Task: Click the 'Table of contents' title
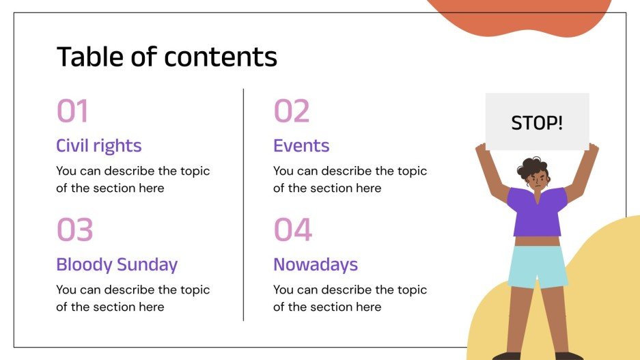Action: [x=167, y=57]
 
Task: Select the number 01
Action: [x=72, y=111]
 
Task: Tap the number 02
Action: [x=292, y=111]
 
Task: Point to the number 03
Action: [x=74, y=230]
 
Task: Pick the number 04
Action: [x=293, y=230]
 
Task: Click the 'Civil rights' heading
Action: [x=99, y=146]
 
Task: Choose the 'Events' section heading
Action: [x=301, y=146]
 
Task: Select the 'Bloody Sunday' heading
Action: [x=117, y=264]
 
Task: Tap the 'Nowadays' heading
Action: [x=316, y=264]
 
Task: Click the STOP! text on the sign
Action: [x=537, y=124]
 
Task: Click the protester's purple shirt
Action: [x=538, y=212]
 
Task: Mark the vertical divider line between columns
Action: [x=243, y=204]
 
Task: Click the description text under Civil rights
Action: [x=133, y=179]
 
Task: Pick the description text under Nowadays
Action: [x=350, y=298]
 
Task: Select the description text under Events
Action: [x=350, y=179]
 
